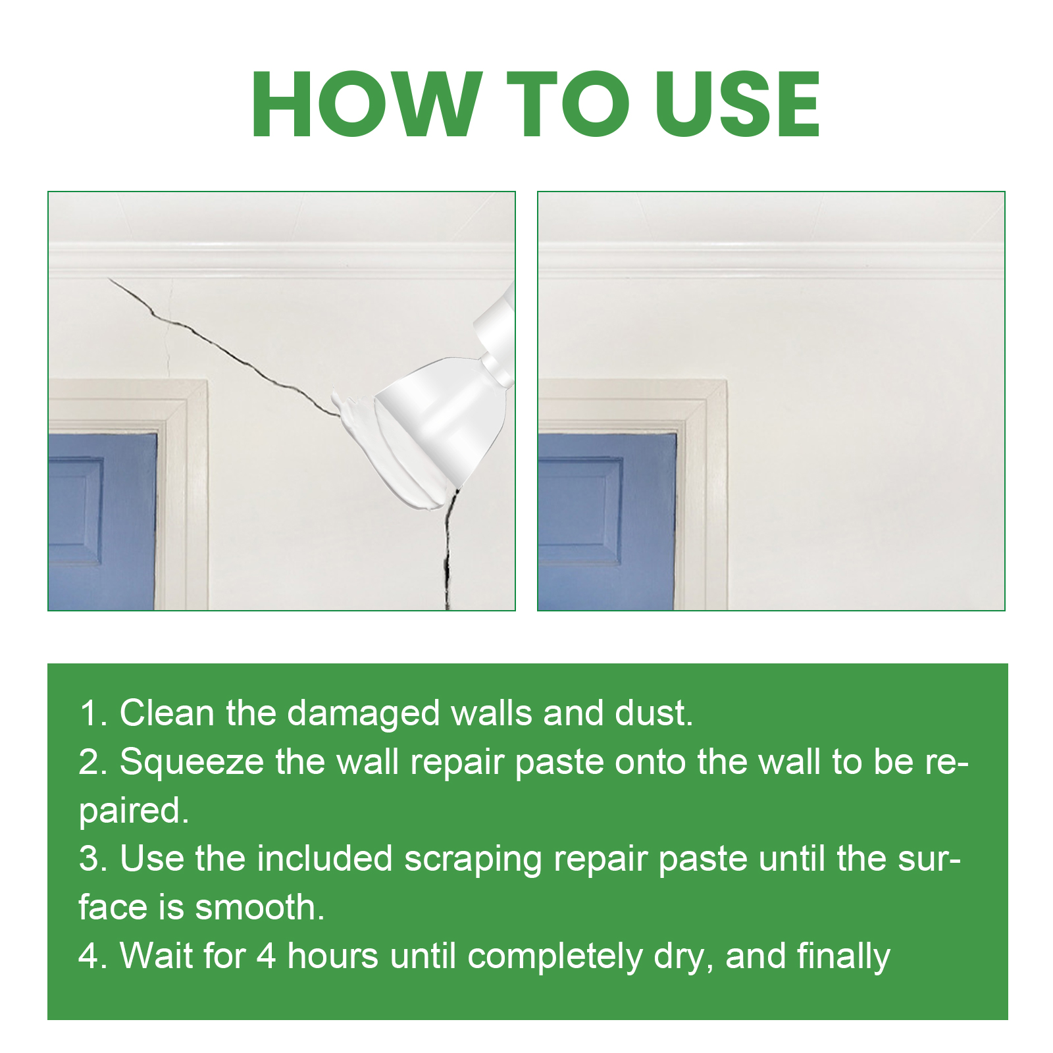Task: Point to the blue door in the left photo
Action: pos(102,520)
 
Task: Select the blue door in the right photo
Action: pos(605,520)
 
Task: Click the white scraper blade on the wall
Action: pos(434,428)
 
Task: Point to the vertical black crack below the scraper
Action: pos(448,553)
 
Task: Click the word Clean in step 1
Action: pos(167,713)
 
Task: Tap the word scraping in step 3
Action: pos(473,860)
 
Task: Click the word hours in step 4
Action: pos(333,956)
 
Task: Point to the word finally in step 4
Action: pos(844,957)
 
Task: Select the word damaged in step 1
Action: pos(363,714)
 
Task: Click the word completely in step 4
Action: pos(555,957)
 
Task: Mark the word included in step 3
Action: pos(324,860)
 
